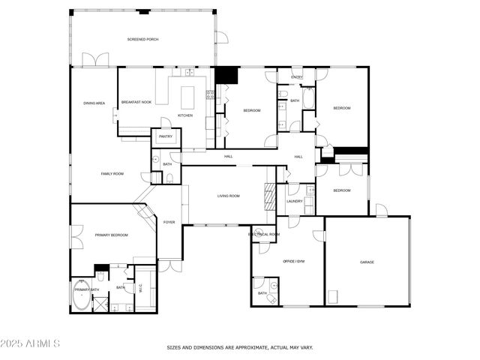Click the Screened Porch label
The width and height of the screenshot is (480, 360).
[142, 38]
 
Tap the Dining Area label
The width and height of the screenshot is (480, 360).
[94, 103]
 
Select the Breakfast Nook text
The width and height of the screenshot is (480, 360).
[136, 102]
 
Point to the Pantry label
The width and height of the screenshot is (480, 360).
[166, 136]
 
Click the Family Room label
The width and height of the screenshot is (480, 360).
[112, 173]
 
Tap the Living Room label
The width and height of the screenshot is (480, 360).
[228, 196]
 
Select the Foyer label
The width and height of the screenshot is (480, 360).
[169, 222]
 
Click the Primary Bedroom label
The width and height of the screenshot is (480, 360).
[111, 235]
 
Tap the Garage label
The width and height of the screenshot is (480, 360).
[367, 262]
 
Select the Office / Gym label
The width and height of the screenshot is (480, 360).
[293, 261]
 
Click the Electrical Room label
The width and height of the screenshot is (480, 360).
[264, 234]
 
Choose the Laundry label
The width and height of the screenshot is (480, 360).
[294, 201]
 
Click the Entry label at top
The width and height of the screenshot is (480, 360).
[297, 76]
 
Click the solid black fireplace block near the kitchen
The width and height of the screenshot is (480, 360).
[226, 76]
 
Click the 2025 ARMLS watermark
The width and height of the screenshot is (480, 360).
[31, 343]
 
